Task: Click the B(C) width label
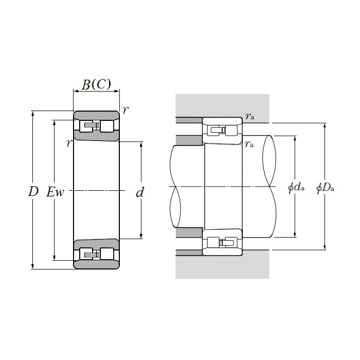click(x=97, y=84)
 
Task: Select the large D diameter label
click(x=33, y=191)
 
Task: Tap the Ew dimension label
click(x=55, y=192)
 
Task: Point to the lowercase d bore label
click(x=139, y=192)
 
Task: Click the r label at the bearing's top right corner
click(x=125, y=110)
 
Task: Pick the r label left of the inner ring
click(x=69, y=143)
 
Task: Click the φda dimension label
click(x=296, y=188)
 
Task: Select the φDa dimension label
click(x=325, y=188)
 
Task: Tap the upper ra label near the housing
click(x=249, y=116)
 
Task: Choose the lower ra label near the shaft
click(x=249, y=144)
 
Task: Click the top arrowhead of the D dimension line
click(x=32, y=114)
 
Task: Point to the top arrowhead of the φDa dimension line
click(x=325, y=125)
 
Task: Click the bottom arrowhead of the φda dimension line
click(x=295, y=235)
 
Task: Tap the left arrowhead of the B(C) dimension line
click(x=76, y=91)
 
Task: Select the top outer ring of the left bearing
click(x=97, y=115)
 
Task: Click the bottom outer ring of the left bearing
click(x=97, y=264)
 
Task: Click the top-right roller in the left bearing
click(x=107, y=126)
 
